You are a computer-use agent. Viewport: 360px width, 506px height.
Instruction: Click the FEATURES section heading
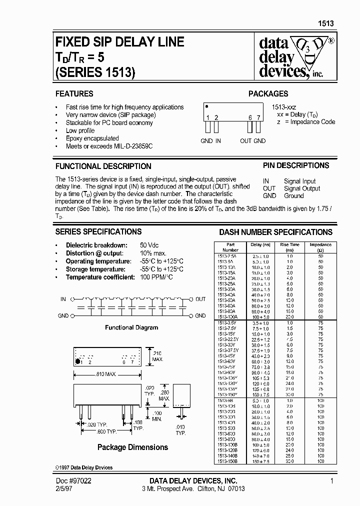point(74,93)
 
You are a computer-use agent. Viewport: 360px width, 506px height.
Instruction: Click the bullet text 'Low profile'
point(80,130)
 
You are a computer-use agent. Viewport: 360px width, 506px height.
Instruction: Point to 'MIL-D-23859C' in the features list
point(129,146)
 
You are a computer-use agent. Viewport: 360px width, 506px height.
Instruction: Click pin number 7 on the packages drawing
point(258,117)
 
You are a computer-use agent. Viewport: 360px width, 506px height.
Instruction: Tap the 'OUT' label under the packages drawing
point(245,141)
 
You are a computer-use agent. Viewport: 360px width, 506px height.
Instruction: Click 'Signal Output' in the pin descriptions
point(302,188)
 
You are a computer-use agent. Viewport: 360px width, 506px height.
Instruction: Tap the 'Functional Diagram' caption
point(131,327)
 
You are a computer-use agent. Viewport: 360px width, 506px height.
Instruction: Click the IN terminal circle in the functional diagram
point(73,299)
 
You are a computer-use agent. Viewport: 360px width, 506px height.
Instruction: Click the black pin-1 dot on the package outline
point(77,360)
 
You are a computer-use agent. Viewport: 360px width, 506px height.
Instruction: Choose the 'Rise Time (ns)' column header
point(289,247)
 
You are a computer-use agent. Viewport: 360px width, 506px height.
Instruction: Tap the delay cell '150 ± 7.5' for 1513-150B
point(260,461)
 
